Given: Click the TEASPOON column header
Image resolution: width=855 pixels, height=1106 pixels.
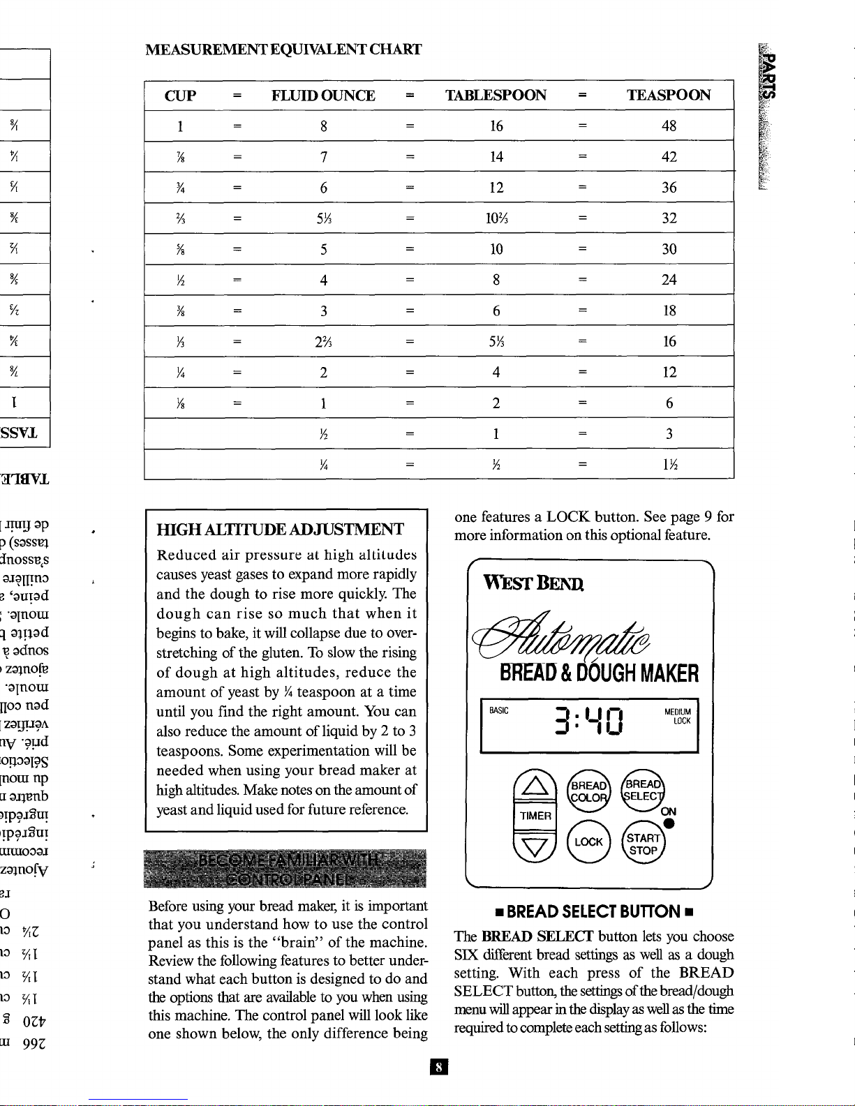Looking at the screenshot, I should [x=668, y=96].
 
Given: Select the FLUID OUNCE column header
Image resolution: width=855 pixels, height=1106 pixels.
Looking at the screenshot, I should [x=323, y=96].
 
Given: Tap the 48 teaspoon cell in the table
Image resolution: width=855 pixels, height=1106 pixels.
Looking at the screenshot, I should [x=669, y=126].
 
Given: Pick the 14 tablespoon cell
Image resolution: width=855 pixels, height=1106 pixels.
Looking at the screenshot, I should [x=496, y=157].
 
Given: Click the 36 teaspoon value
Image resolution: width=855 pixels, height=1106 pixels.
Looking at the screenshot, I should [x=669, y=188].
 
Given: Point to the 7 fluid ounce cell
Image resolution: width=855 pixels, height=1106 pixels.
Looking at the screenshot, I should [x=324, y=157].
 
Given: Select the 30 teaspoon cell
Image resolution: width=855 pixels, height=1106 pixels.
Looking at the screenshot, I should [x=669, y=249].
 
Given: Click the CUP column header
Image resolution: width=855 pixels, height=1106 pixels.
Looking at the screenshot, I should [x=180, y=96].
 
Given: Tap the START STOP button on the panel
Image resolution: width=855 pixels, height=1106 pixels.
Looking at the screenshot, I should [x=644, y=844].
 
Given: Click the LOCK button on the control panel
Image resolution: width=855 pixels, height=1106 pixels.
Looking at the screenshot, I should [x=588, y=842].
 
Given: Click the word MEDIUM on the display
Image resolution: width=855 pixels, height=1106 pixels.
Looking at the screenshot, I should [x=677, y=712].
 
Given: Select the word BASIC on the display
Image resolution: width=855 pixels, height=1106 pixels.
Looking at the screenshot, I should [x=499, y=711].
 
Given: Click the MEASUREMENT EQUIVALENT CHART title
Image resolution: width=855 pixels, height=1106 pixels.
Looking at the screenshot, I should [x=283, y=50].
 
